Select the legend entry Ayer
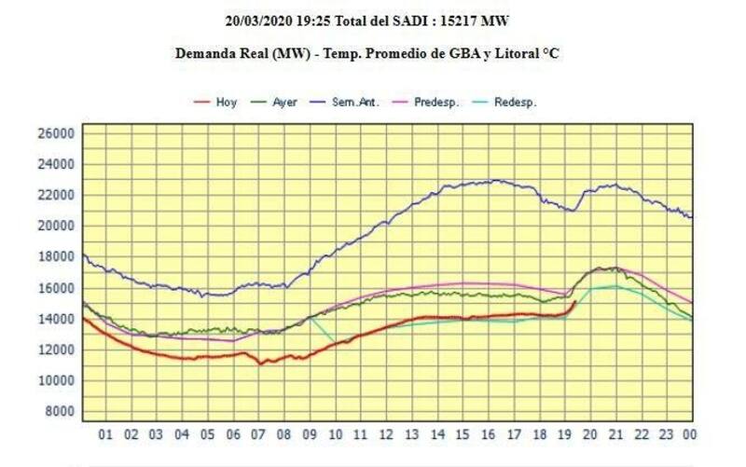coord(285,102)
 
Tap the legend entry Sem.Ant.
coord(354,102)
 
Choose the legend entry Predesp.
coord(436,102)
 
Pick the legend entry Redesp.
coord(516,102)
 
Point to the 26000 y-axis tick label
coord(55,133)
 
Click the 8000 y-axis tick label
coord(58,411)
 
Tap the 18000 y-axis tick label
coord(55,257)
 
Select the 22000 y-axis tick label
coord(55,195)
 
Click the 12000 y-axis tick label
coord(55,350)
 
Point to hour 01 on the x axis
coord(105,433)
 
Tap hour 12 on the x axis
coord(385,433)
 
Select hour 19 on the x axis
coord(564,433)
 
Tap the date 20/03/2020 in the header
coord(262,20)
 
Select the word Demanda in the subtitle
coord(205,53)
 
